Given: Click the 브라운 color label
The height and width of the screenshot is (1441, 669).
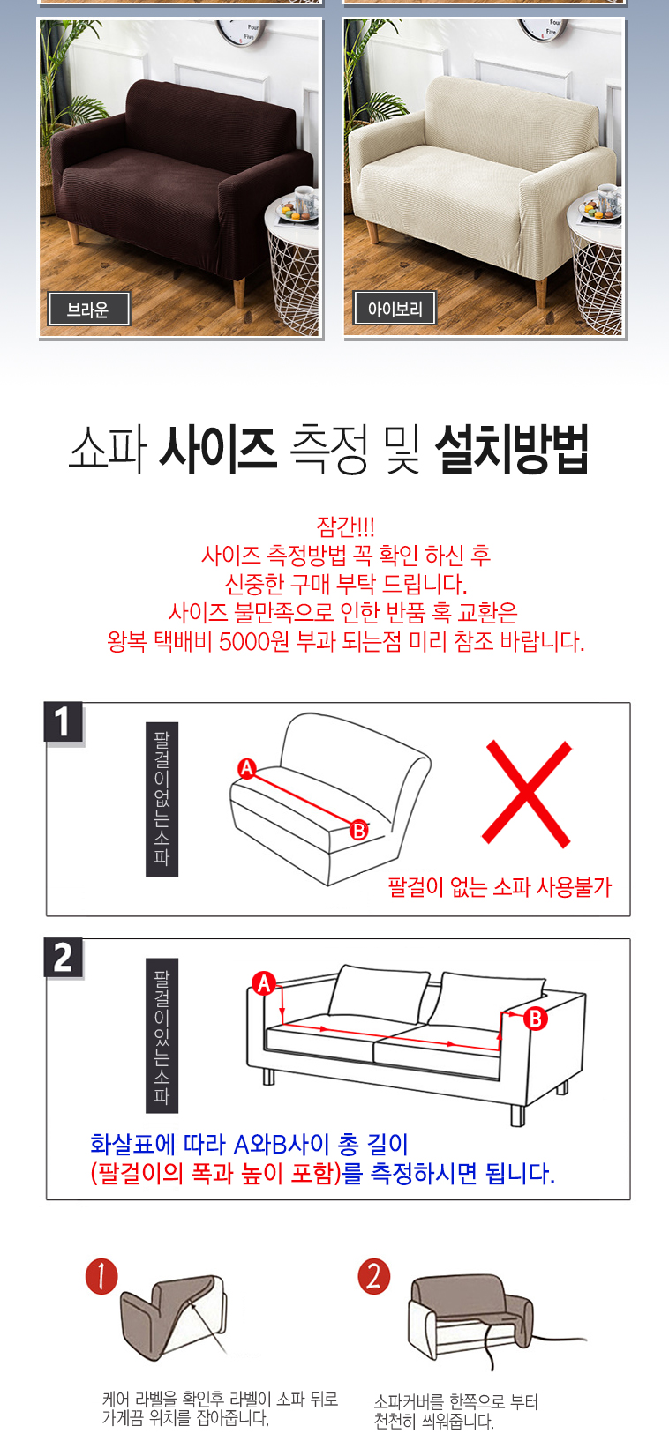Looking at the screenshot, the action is click(89, 310).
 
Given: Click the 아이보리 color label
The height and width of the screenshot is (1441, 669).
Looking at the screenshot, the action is click(395, 308).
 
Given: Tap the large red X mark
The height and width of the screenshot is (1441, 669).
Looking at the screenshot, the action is click(527, 793).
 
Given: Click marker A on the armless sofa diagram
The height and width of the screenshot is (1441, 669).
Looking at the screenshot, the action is click(246, 768).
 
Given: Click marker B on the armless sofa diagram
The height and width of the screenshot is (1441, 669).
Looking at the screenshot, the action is click(358, 830).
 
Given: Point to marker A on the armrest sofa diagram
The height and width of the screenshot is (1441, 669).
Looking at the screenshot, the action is click(264, 983).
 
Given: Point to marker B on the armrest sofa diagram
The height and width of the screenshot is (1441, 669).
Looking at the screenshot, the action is click(535, 1019).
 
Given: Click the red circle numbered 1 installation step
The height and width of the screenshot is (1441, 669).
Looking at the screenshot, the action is click(101, 1276).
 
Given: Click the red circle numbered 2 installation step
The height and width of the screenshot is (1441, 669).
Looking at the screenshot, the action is click(374, 1276).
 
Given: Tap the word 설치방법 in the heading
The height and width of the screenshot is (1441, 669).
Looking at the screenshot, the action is click(512, 449).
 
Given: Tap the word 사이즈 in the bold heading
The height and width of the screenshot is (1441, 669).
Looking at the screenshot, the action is click(218, 448).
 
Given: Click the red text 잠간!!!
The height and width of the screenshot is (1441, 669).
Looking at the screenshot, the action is click(346, 526).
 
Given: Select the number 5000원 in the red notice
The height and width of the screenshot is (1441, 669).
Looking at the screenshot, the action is click(254, 641).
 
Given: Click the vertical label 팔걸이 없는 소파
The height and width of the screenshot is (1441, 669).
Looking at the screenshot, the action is click(162, 799).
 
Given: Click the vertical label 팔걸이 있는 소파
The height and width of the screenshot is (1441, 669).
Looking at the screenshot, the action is click(162, 1035).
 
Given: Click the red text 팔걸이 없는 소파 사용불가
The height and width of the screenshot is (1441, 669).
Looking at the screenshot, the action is click(500, 887).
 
